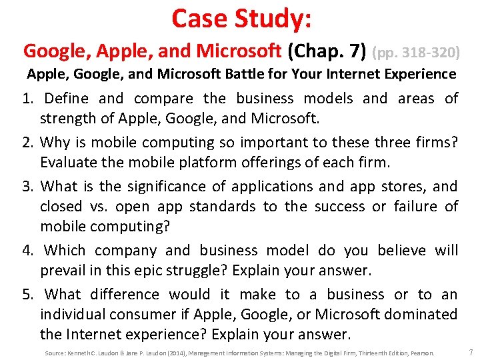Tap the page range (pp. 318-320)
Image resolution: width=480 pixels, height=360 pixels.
(x=416, y=51)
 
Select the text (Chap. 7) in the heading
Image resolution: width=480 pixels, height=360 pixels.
(x=335, y=51)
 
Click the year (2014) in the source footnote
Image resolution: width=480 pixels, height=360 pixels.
(x=158, y=353)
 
